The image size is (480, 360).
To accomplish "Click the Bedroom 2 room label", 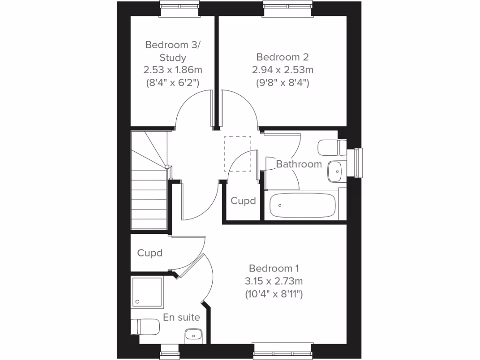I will pos(282,57).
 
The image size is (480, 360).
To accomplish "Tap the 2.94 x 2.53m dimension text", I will pos(282,70).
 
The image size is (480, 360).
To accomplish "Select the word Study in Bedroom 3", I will pos(172,58).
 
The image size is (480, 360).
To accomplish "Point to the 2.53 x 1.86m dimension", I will pos(172,70).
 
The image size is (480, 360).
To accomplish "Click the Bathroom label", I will pos(299,164).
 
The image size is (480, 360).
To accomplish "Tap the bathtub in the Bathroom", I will pos(303,205).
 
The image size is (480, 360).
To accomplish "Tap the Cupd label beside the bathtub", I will pos(243,201).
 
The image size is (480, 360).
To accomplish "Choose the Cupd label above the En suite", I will pos(150,253).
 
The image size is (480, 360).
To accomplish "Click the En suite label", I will pos(181,317).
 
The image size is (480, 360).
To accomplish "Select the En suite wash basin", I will pos(193,335).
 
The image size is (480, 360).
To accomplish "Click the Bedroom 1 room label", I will pos(274,269).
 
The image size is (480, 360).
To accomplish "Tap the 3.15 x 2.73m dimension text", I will pos(274,282).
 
